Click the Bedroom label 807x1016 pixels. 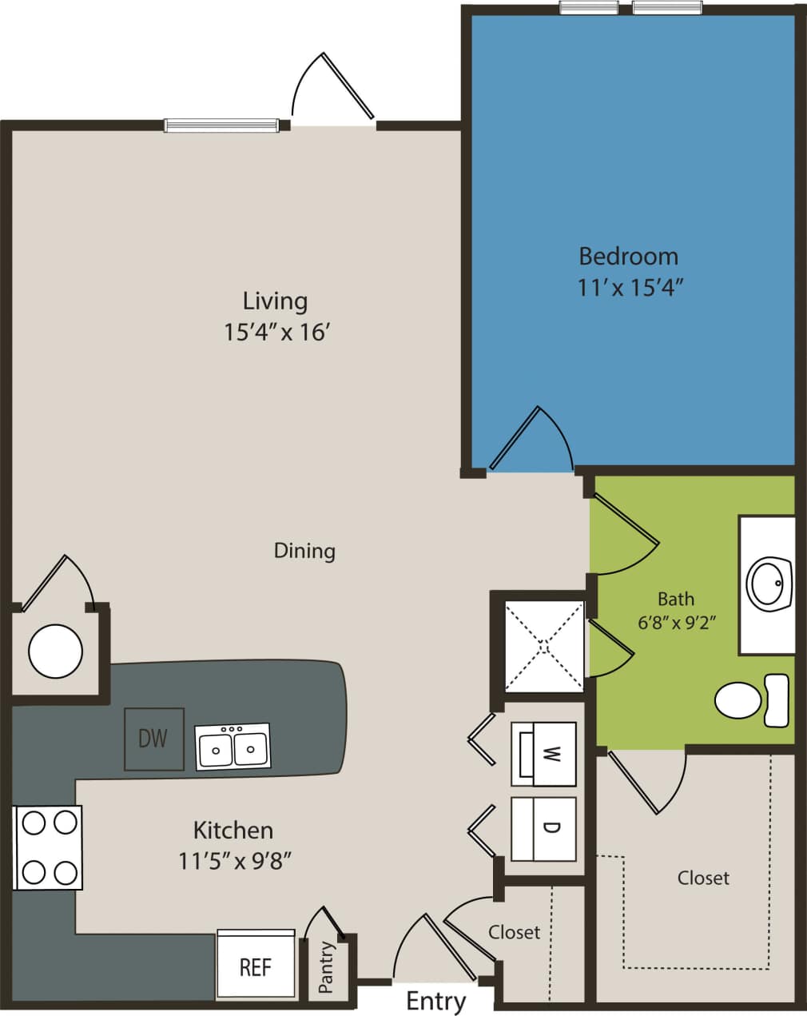pos(628,257)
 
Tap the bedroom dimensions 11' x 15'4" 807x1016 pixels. pos(630,288)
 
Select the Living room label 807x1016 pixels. pos(275,301)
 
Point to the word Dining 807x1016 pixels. pos(304,551)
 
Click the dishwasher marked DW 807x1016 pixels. pos(153,739)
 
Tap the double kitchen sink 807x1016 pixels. pos(233,747)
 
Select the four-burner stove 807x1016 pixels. pos(48,847)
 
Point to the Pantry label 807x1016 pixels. pos(326,968)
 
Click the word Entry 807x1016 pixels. pos(435,1001)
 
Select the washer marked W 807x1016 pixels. pos(543,754)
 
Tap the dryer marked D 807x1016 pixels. pos(543,828)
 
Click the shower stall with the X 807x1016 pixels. pos(543,645)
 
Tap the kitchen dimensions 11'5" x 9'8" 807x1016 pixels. pos(233,861)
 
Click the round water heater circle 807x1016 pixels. pos(55,651)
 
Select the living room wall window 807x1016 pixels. pos(221,125)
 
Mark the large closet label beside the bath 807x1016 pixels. pos(703,878)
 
